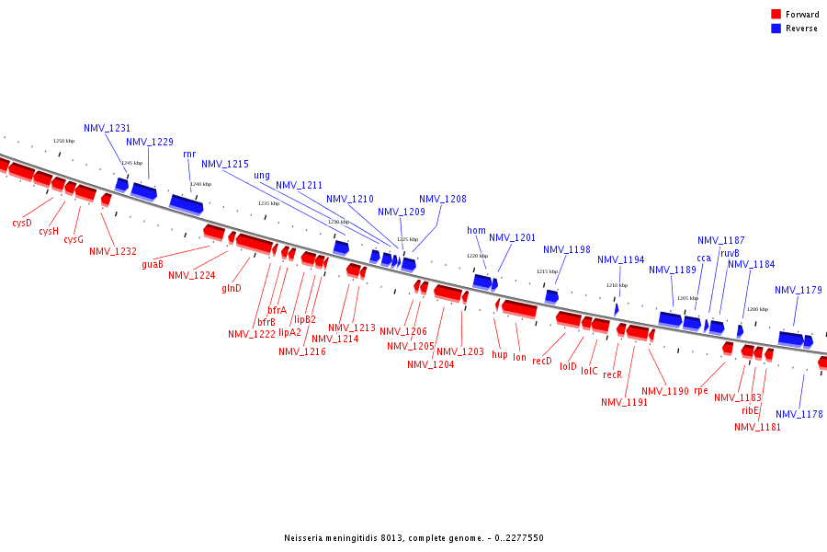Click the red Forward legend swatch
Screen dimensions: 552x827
pyautogui.click(x=776, y=15)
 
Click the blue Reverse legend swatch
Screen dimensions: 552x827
pyautogui.click(x=776, y=29)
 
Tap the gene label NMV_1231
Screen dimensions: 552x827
pyautogui.click(x=108, y=128)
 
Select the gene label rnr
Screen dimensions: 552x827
pyautogui.click(x=189, y=154)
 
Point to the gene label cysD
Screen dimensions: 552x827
pyautogui.click(x=22, y=223)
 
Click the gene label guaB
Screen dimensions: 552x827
pyautogui.click(x=153, y=264)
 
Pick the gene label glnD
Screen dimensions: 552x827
pyautogui.click(x=232, y=288)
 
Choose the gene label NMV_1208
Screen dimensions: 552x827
pyautogui.click(x=443, y=199)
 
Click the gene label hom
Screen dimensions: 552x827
pyautogui.click(x=476, y=230)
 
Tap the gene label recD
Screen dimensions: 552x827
pyautogui.click(x=542, y=361)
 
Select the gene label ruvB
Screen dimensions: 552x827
pyautogui.click(x=730, y=253)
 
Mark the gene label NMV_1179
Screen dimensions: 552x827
pyautogui.click(x=799, y=290)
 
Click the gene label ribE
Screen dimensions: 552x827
pyautogui.click(x=751, y=410)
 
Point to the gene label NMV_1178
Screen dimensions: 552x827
pyautogui.click(x=799, y=414)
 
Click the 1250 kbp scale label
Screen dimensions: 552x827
pyautogui.click(x=63, y=141)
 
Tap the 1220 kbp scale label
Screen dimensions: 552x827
pyautogui.click(x=477, y=256)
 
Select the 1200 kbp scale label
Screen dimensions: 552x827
pyautogui.click(x=757, y=309)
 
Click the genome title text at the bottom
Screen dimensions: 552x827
pyautogui.click(x=413, y=537)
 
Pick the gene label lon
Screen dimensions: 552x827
pyautogui.click(x=520, y=356)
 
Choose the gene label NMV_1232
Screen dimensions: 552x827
pyautogui.click(x=113, y=250)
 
